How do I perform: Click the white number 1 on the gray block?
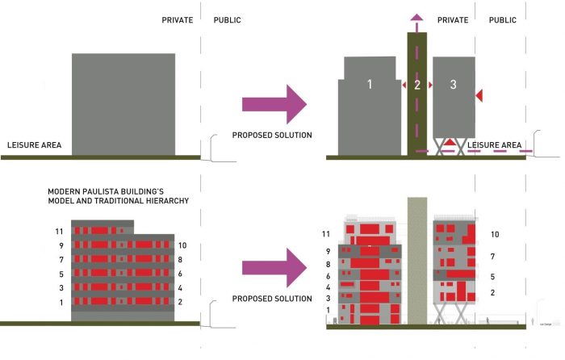click(x=369, y=84)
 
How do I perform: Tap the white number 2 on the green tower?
click(x=417, y=84)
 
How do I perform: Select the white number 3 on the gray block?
click(x=454, y=84)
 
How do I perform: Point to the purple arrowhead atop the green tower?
click(x=417, y=18)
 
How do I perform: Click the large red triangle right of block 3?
click(x=479, y=96)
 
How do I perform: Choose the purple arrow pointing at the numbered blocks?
click(x=274, y=103)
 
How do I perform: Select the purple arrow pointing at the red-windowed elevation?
click(x=274, y=267)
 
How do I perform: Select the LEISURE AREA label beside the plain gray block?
click(x=35, y=145)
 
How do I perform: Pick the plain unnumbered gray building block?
click(x=123, y=103)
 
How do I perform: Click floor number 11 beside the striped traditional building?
click(x=59, y=232)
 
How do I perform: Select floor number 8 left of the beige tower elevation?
click(x=328, y=264)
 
